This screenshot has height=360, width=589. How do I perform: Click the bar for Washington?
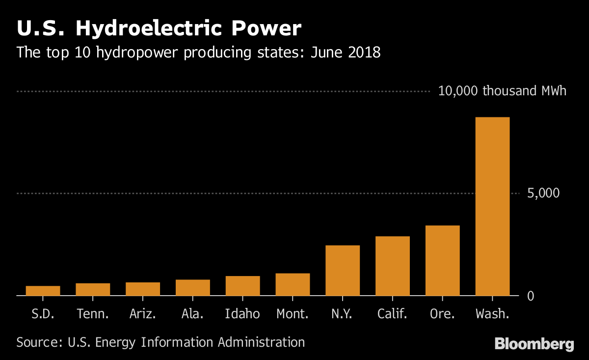click(492, 206)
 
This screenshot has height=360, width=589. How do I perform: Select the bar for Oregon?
click(442, 260)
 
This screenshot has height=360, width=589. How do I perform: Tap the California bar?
click(392, 266)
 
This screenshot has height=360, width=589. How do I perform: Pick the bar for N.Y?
click(342, 270)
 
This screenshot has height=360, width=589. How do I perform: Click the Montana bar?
click(293, 284)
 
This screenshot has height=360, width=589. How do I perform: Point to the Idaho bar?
click(242, 286)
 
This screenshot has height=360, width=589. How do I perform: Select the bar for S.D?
click(43, 291)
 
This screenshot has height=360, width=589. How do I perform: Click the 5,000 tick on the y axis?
click(543, 193)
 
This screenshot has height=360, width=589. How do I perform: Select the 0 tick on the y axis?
click(530, 296)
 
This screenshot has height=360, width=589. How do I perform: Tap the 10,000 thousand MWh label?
click(502, 91)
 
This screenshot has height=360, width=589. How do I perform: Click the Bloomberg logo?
click(534, 344)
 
